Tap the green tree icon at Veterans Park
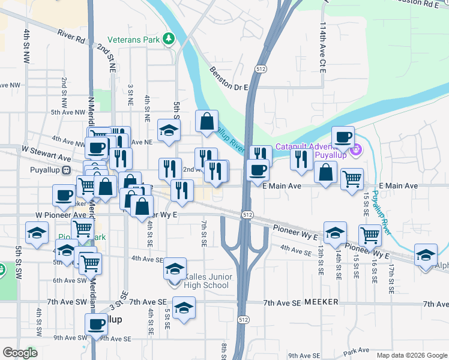click(169, 39)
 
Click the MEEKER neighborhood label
click(322, 302)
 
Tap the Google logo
click(19, 353)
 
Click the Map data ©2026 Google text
click(412, 355)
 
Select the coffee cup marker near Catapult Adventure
click(343, 137)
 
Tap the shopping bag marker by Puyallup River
click(206, 121)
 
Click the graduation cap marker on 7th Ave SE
click(184, 308)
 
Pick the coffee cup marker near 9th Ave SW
click(96, 325)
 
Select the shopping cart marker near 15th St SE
click(352, 178)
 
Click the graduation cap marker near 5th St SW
click(37, 233)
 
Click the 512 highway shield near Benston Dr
click(260, 70)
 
